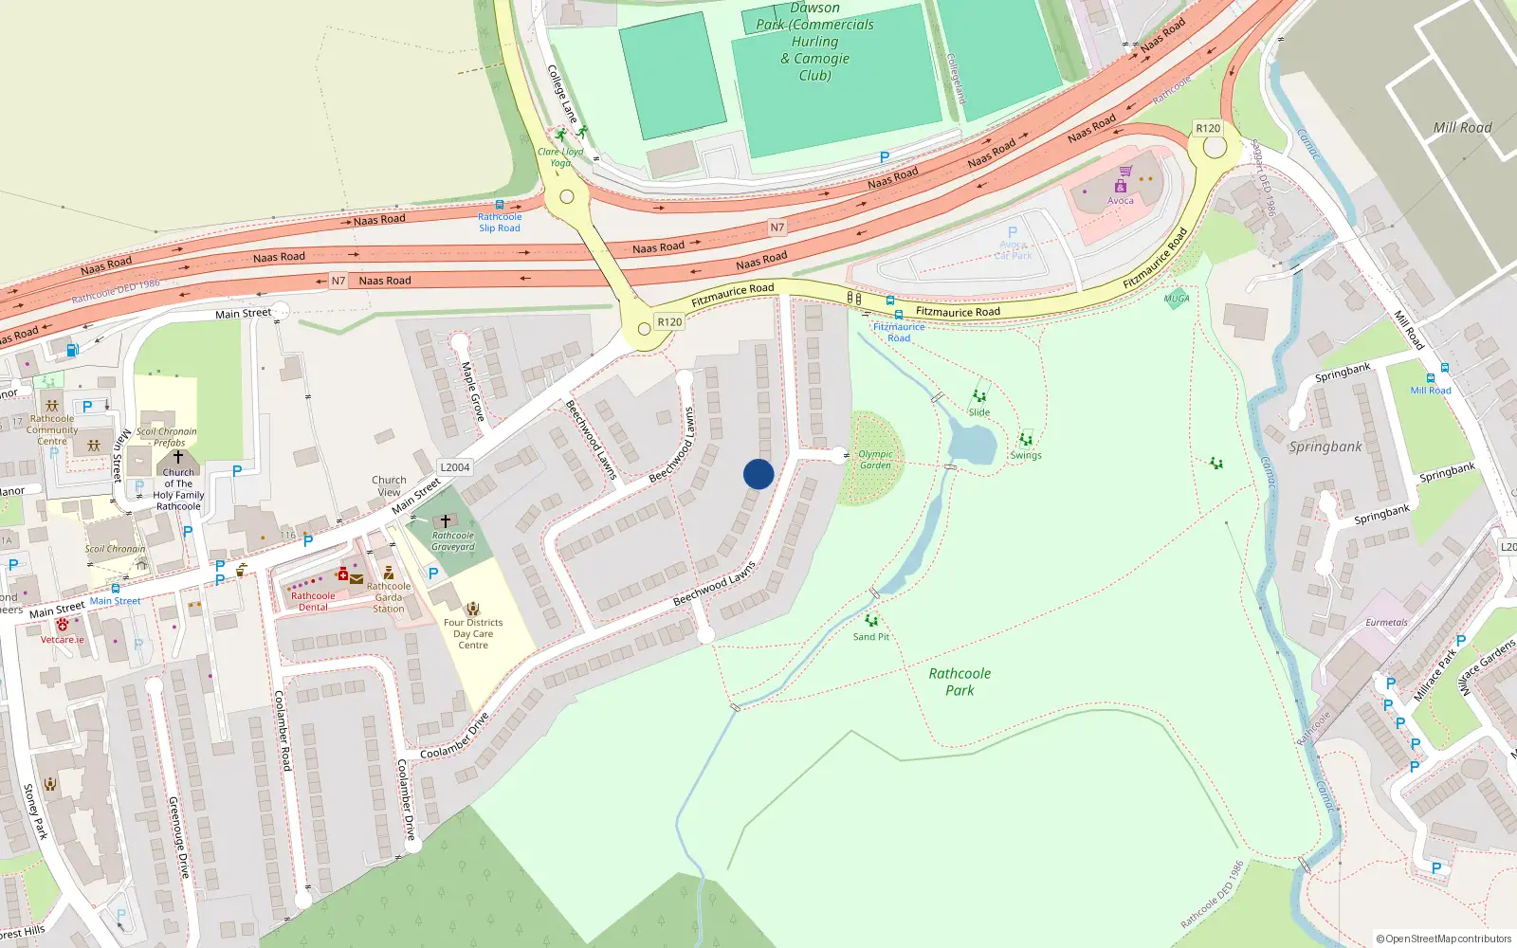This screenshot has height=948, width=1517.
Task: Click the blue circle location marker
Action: point(758,474)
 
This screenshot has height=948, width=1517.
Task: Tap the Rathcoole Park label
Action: point(960,682)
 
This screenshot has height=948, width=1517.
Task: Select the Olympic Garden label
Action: point(875,460)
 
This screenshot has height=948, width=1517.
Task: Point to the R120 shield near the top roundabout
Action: point(1208,128)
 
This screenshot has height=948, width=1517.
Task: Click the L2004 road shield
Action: point(455,467)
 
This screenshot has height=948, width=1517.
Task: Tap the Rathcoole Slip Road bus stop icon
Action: point(500,205)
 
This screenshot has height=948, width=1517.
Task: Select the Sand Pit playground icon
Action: point(871,621)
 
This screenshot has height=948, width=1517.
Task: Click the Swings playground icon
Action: point(1025,440)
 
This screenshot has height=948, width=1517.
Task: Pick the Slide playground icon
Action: point(979,396)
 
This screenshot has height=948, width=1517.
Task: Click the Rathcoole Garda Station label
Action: point(389,597)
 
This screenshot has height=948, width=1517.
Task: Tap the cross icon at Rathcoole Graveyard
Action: point(446,521)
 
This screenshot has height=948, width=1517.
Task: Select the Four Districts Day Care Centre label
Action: point(473,633)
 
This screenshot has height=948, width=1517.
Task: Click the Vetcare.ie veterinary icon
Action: point(63,625)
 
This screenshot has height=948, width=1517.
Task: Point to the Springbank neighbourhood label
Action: point(1325,447)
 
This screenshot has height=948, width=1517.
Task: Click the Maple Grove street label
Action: point(472,392)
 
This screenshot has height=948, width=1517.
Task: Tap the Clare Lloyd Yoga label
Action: point(560,156)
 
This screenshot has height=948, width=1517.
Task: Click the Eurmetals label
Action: point(1386,623)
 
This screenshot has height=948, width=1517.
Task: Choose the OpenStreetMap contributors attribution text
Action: point(1443,939)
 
